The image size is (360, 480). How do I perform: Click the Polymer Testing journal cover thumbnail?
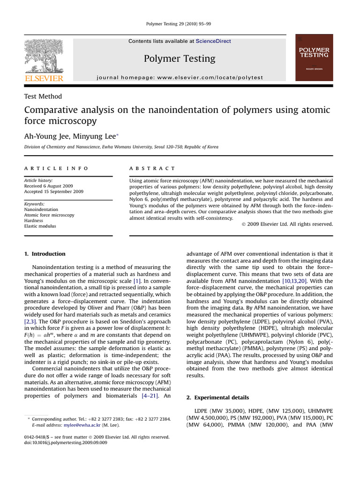pyautogui.click(x=314, y=58)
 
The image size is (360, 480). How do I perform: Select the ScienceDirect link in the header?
pyautogui.click(x=213, y=41)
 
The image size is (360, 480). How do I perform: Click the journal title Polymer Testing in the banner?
pyautogui.click(x=180, y=59)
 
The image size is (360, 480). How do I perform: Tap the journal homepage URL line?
pyautogui.click(x=180, y=77)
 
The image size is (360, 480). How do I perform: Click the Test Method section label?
pyautogui.click(x=43, y=97)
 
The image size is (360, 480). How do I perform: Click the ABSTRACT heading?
pyautogui.click(x=152, y=168)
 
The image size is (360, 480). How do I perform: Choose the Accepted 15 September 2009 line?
pyautogui.click(x=53, y=191)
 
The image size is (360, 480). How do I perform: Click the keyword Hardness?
pyautogui.click(x=33, y=220)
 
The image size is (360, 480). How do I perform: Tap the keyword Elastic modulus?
pyautogui.click(x=40, y=226)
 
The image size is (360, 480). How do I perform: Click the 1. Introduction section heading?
pyautogui.click(x=45, y=254)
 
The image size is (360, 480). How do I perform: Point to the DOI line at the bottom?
pyautogui.click(x=66, y=442)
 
